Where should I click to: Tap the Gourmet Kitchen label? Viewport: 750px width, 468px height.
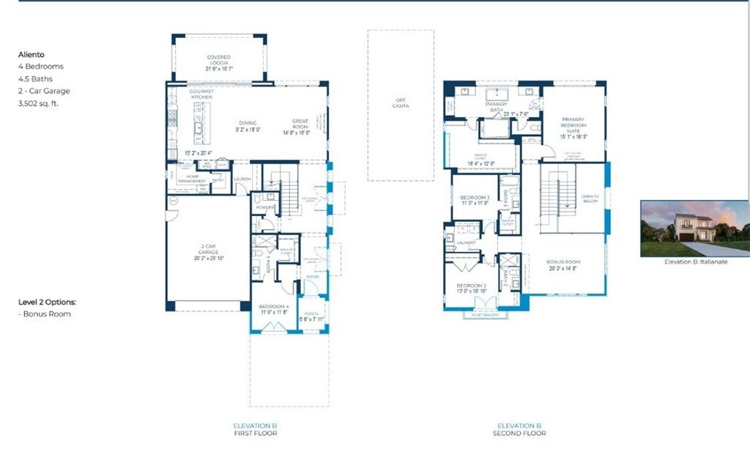[201, 94]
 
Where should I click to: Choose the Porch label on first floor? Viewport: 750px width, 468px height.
[312, 315]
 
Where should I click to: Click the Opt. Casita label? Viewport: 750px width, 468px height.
[400, 103]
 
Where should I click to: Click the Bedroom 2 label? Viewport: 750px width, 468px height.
[472, 286]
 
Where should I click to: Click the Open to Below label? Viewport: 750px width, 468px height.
[590, 199]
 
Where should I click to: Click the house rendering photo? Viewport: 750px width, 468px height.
[694, 228]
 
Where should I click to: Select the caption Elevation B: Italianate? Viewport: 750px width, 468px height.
[695, 261]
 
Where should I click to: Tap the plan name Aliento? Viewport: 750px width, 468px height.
[32, 53]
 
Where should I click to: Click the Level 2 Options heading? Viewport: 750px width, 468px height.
[47, 302]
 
